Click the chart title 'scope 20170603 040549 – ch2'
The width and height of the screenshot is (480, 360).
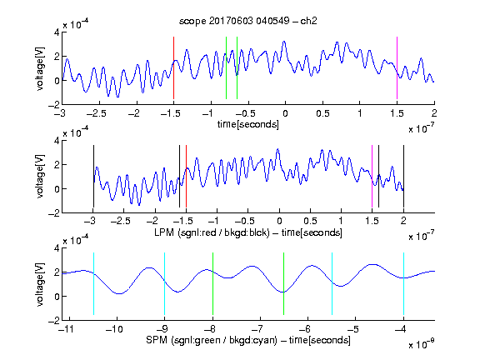pyautogui.click(x=247, y=21)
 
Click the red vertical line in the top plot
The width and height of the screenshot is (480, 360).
pyautogui.click(x=173, y=68)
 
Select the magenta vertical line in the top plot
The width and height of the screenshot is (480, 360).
pyautogui.click(x=397, y=68)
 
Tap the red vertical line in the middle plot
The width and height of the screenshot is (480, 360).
pyautogui.click(x=186, y=177)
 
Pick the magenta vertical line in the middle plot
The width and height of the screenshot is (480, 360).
pyautogui.click(x=372, y=177)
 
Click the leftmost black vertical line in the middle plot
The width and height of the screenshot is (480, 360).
pyautogui.click(x=93, y=177)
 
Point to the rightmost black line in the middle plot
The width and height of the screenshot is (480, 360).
pyautogui.click(x=403, y=177)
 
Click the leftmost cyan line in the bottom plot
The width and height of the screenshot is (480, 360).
pyautogui.click(x=93, y=284)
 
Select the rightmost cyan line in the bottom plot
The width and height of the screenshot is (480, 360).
pyautogui.click(x=403, y=284)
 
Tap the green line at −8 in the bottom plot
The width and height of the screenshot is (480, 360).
pyautogui.click(x=212, y=284)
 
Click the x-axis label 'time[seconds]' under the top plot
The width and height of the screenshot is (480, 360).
pyautogui.click(x=248, y=124)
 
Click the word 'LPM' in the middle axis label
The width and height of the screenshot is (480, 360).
pyautogui.click(x=164, y=232)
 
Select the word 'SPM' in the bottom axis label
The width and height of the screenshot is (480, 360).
pyautogui.click(x=157, y=340)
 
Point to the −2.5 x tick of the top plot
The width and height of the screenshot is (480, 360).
pyautogui.click(x=96, y=113)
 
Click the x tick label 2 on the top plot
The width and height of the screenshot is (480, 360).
pyautogui.click(x=434, y=113)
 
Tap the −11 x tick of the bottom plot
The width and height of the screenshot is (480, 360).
pyautogui.click(x=66, y=329)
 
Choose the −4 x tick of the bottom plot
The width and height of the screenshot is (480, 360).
pyautogui.click(x=400, y=329)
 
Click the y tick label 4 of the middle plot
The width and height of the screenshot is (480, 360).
pyautogui.click(x=57, y=141)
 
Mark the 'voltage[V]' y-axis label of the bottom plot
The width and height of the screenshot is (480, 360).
pyautogui.click(x=40, y=284)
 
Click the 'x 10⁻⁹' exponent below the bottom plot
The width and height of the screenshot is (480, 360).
pyautogui.click(x=422, y=344)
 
